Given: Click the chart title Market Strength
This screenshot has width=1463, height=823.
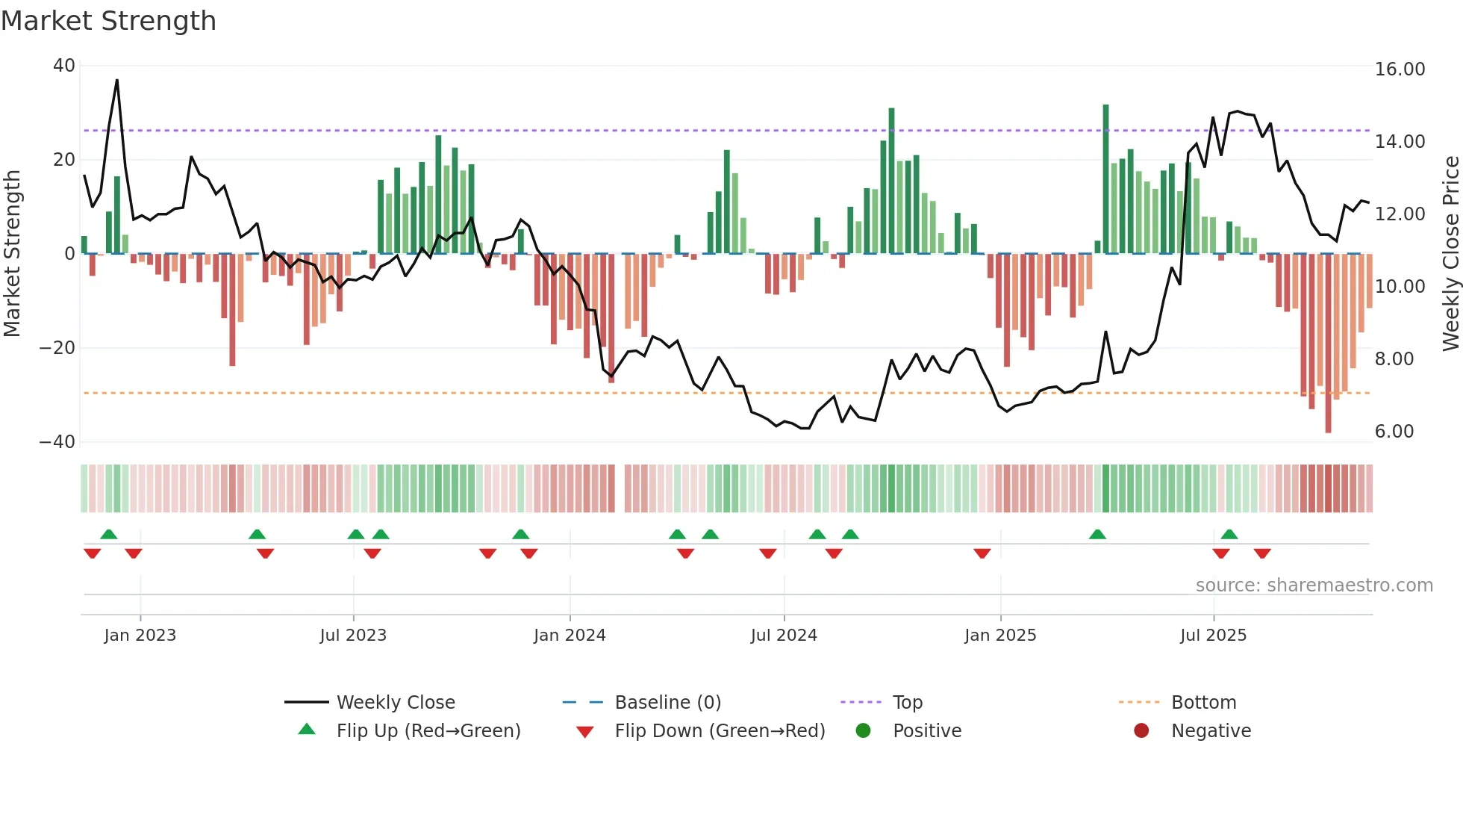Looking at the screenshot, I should (108, 21).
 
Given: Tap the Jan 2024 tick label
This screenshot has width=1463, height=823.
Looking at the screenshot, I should (570, 636).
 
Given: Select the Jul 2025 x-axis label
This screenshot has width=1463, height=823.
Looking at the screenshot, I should (1213, 636).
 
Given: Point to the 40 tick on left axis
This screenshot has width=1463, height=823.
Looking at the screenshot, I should (64, 66).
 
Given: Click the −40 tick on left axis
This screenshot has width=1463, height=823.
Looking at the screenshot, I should (57, 442).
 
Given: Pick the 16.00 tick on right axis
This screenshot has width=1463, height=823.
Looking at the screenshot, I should (1400, 69).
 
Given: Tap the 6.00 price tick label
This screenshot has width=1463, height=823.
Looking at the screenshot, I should (1394, 432).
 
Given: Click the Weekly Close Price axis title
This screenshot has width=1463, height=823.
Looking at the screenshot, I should (1450, 254).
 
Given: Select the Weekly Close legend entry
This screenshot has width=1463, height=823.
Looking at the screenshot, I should (395, 703).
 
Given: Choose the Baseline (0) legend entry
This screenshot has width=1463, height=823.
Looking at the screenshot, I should (667, 703).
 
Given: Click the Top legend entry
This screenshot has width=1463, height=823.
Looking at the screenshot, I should (907, 703).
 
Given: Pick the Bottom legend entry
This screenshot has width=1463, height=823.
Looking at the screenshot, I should (1203, 703).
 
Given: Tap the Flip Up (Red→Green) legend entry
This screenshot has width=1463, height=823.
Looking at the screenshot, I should (428, 731).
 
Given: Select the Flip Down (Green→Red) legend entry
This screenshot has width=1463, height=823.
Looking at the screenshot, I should (720, 731).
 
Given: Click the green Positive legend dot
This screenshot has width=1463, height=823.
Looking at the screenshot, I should (864, 731).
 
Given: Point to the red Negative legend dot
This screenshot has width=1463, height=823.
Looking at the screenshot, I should (1141, 731).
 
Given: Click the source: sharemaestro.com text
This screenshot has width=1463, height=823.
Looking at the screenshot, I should (1314, 586).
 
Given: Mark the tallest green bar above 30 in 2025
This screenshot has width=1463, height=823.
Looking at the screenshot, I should (1105, 179).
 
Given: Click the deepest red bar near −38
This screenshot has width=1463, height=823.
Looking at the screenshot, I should (1328, 344).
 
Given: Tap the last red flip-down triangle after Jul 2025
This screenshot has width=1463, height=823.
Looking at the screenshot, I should (1262, 553).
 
